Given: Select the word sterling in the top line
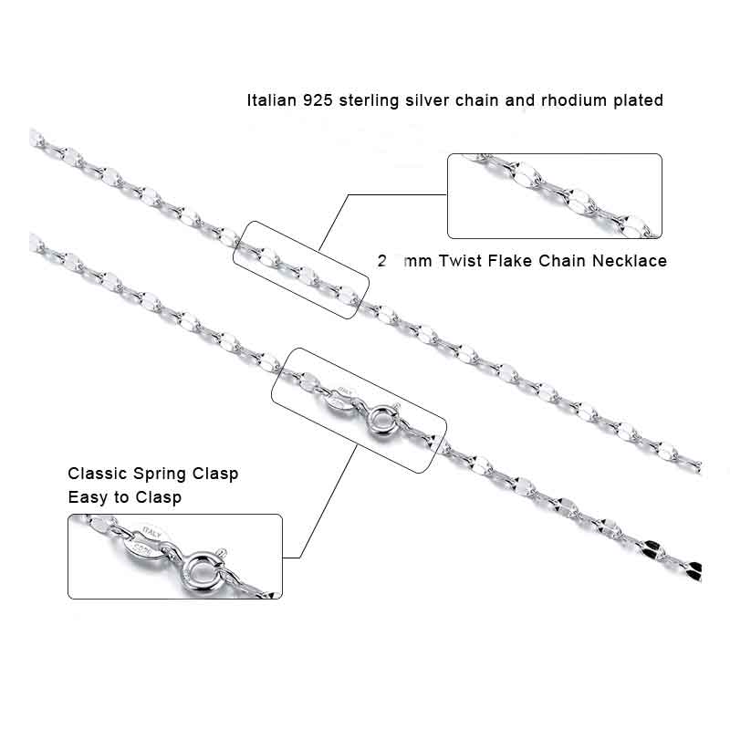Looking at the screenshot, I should click(370, 100).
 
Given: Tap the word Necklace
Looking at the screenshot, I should click(631, 261).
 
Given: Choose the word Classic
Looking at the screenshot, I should click(99, 474).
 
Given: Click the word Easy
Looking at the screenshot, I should click(86, 497).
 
